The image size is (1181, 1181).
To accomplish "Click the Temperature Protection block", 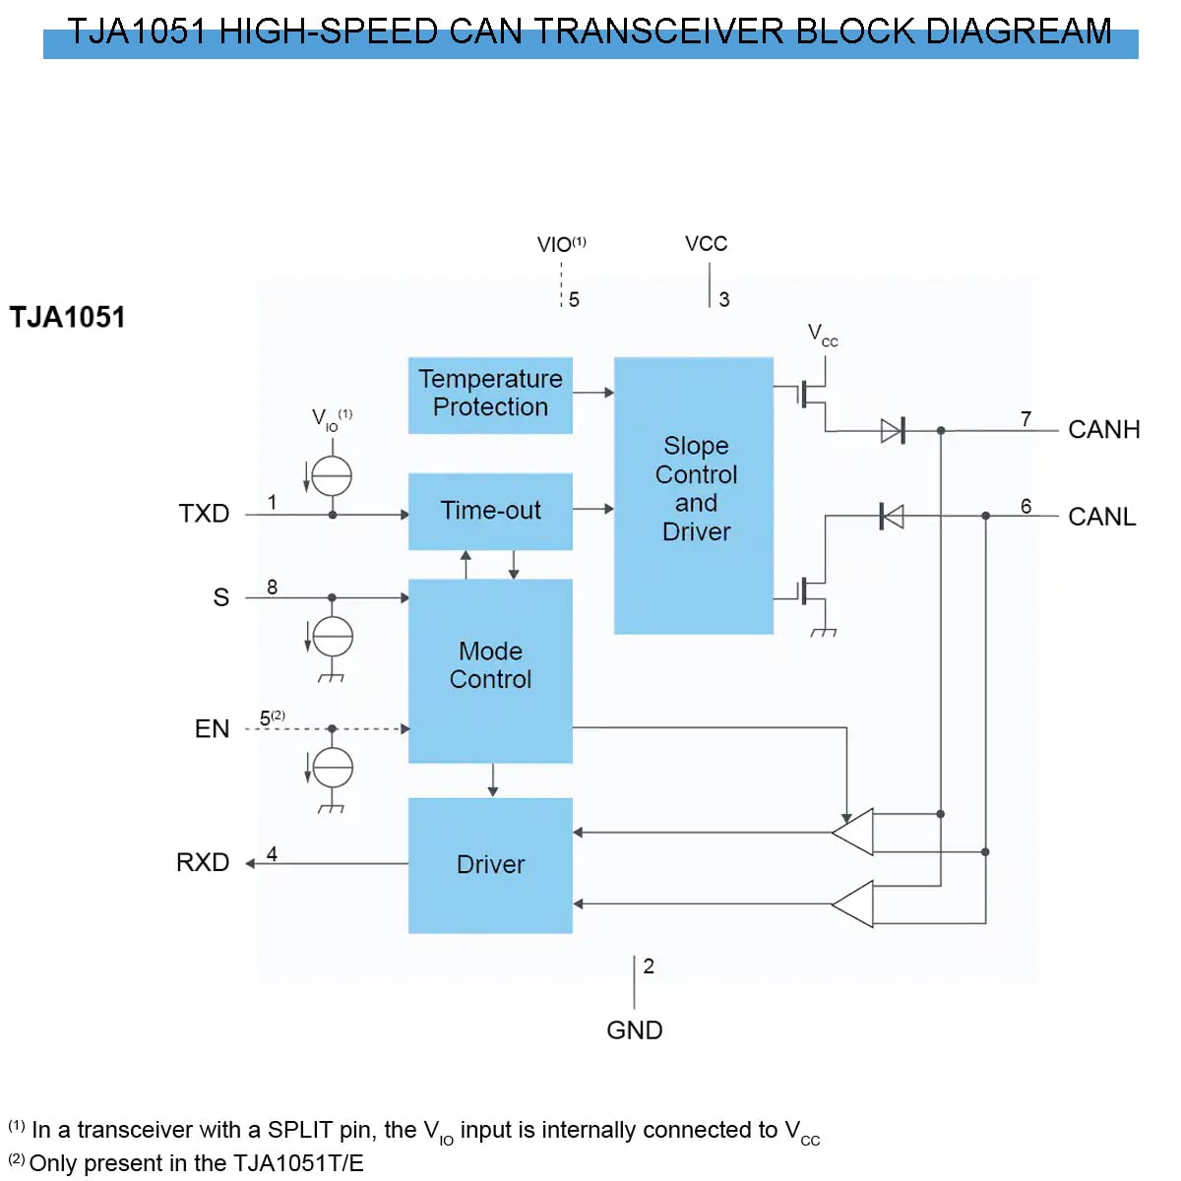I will [x=490, y=395].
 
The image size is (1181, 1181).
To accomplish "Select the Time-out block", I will [x=490, y=511].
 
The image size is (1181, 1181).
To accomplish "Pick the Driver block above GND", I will [x=490, y=865].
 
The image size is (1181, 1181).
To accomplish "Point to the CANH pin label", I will [x=1103, y=430].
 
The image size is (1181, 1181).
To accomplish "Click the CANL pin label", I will [x=1101, y=517].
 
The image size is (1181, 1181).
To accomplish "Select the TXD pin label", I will [x=204, y=514].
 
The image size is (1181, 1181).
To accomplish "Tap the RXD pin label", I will [x=203, y=863].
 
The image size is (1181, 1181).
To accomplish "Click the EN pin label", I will [x=212, y=729].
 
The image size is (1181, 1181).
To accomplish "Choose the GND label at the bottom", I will [x=634, y=1030].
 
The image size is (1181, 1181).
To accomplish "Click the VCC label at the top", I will [x=706, y=244].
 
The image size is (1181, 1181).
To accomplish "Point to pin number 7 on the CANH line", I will [x=1026, y=419].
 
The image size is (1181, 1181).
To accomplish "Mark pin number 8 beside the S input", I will [x=272, y=588].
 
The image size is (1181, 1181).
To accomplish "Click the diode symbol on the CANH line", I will [x=892, y=430].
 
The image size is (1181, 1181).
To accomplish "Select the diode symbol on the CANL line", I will [x=892, y=516].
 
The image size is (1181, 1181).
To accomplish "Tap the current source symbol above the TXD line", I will [x=332, y=476].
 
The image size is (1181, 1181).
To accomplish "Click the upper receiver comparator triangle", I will [x=853, y=833].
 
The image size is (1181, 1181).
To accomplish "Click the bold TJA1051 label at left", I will [x=68, y=318].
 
